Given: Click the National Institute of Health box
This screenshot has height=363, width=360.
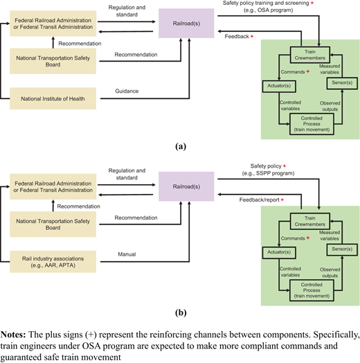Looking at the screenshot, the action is (53, 98).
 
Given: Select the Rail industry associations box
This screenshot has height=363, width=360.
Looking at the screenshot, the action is (53, 262).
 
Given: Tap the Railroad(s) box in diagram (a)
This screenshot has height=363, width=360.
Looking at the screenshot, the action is (186, 24).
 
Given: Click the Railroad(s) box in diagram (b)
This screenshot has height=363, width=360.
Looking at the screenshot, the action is (186, 186).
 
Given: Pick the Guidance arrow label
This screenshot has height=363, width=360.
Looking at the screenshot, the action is (127, 91).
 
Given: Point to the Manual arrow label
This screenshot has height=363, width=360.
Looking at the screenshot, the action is (127, 254).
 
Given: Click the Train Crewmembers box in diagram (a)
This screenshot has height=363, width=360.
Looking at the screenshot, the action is (309, 55).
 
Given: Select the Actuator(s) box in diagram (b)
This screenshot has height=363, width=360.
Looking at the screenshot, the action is (279, 252).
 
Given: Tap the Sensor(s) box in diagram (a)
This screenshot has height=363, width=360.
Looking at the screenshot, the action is (342, 83).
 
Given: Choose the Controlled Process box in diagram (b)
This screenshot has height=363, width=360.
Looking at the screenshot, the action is (312, 290).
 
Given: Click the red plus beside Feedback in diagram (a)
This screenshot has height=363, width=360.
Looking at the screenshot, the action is (252, 36).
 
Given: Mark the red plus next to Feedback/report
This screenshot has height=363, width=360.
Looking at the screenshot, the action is (282, 200).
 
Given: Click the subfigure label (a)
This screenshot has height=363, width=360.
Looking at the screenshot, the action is (181, 146).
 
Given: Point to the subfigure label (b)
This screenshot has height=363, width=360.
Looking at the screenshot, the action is (181, 312).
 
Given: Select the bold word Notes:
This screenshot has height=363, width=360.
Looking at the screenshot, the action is (13, 335).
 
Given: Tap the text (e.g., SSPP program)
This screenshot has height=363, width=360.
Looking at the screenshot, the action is (268, 173).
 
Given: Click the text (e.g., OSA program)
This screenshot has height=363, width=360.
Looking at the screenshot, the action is (268, 10).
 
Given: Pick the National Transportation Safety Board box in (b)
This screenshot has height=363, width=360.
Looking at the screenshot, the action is (53, 224).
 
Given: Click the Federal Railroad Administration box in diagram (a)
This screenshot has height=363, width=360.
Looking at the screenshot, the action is (53, 24).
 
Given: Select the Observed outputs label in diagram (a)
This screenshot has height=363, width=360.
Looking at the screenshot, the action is (330, 106).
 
